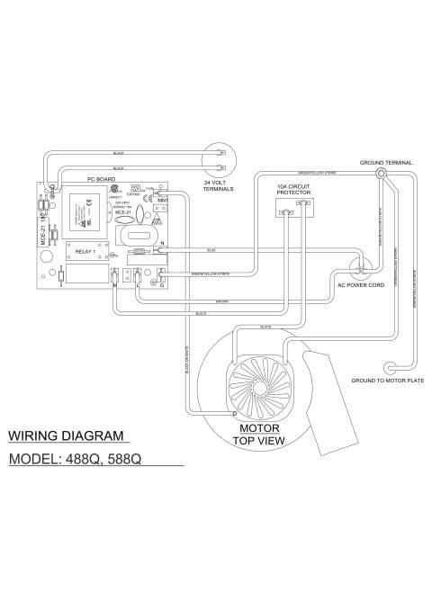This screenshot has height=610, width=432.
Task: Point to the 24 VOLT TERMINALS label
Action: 219,185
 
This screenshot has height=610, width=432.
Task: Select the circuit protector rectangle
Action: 293,209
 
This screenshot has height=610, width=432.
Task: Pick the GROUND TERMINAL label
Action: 386,162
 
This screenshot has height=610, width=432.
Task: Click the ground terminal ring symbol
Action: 382,173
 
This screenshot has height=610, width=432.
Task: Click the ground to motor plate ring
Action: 389,367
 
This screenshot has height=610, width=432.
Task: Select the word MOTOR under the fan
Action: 257,427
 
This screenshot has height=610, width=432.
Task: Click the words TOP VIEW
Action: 259,441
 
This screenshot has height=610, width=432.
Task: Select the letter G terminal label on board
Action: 161,285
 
